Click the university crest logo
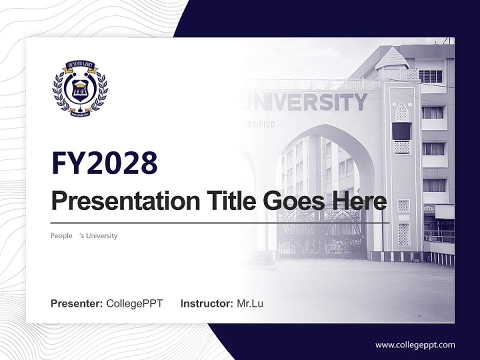coord(80,88)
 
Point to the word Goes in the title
coord(290,201)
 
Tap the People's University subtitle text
coord(84,235)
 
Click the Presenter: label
coord(77,303)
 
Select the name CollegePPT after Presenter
coord(134,303)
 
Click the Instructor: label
coord(207,303)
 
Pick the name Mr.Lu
coord(250,303)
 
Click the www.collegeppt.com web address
coord(415,344)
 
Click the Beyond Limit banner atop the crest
coord(80,65)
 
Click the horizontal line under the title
coord(220,222)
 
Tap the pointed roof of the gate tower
coord(392,57)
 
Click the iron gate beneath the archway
coord(320,232)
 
